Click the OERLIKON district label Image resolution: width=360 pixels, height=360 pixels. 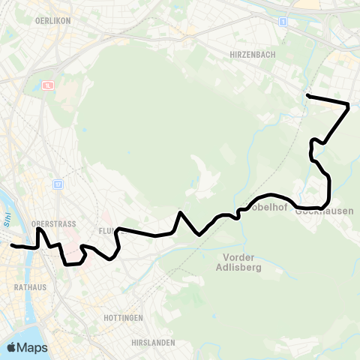(52, 21)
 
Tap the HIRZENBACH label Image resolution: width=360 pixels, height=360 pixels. (251, 55)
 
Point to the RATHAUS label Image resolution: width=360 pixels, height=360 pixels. (31, 286)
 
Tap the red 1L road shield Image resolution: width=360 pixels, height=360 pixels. (49, 85)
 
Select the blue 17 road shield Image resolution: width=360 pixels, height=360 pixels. (58, 184)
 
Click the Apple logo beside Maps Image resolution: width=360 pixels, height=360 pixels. (12, 347)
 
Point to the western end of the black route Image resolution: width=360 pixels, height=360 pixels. (11, 244)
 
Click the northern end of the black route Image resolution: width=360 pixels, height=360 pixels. (307, 95)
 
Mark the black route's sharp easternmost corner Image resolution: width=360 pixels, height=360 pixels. (349, 104)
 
